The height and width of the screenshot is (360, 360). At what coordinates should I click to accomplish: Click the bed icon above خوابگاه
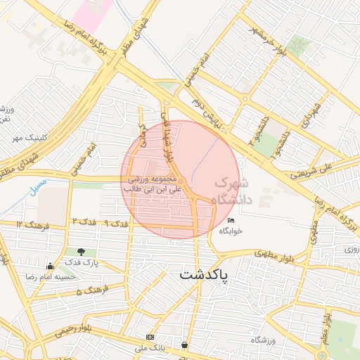pyautogui.click(x=232, y=221)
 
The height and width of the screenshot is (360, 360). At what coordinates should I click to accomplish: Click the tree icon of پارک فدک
pyautogui.click(x=82, y=252)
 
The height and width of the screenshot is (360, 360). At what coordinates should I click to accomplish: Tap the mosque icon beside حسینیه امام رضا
pyautogui.click(x=50, y=266)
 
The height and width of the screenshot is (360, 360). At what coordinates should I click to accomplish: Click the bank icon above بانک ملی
pyautogui.click(x=149, y=337)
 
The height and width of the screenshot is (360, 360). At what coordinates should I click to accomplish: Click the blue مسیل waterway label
pyautogui.click(x=39, y=186)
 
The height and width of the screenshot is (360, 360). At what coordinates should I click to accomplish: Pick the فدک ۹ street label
pyautogui.click(x=115, y=223)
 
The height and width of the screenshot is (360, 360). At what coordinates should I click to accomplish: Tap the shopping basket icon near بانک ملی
pyautogui.click(x=184, y=345)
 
